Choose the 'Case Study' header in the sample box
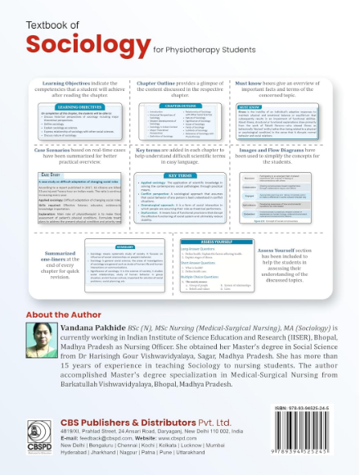point(50,174)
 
